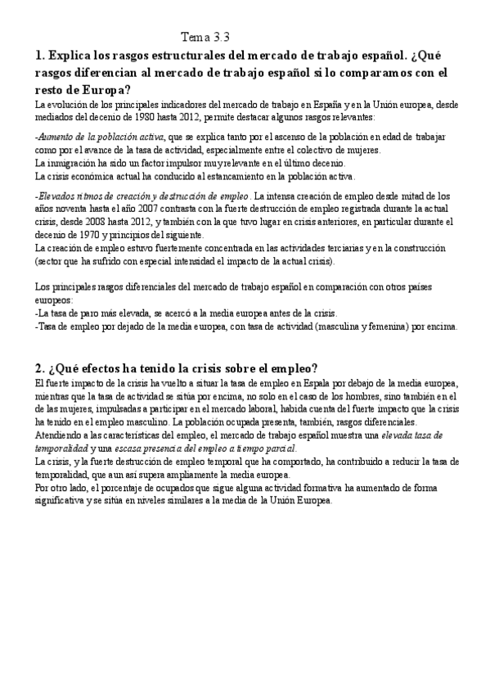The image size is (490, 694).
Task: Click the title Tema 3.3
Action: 205,37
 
